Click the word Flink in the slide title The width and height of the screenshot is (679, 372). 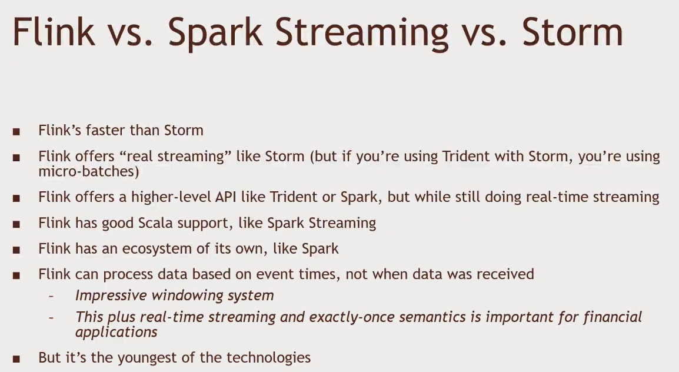[x=54, y=32]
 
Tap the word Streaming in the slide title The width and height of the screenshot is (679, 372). [x=361, y=34]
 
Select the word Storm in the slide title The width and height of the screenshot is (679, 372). [x=572, y=32]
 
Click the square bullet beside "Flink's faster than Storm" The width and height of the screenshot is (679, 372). [x=16, y=132]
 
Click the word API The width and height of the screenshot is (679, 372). [x=225, y=197]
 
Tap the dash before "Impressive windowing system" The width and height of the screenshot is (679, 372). [x=51, y=296]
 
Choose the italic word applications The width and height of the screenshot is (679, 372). [x=116, y=332]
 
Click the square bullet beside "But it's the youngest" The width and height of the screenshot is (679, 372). [x=16, y=359]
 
